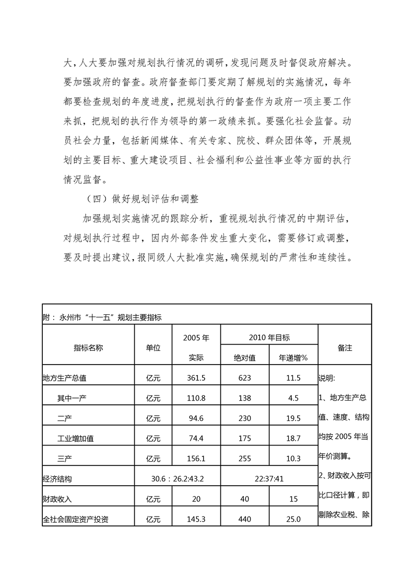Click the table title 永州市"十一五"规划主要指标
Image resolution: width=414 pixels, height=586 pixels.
[x=102, y=317]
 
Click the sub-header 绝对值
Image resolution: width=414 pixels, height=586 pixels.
[x=244, y=358]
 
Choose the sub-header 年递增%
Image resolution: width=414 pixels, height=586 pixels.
[x=293, y=358]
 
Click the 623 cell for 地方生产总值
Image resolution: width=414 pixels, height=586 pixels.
[x=244, y=378]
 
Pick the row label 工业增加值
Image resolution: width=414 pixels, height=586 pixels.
[x=76, y=438]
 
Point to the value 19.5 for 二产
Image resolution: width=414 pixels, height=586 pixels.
[x=293, y=418]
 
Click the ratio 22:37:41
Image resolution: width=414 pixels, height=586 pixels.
[x=269, y=478]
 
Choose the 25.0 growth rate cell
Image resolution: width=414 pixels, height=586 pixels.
[x=293, y=519]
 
